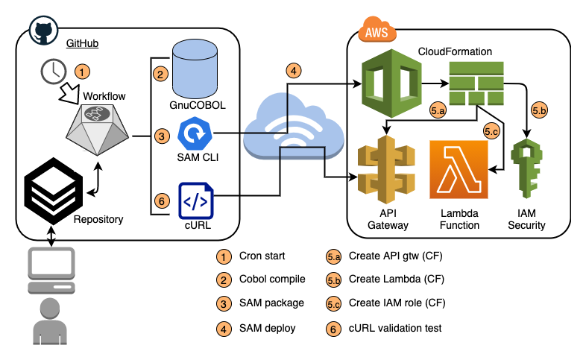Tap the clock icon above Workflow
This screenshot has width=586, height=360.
[x=52, y=72]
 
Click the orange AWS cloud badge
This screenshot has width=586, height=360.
[x=377, y=32]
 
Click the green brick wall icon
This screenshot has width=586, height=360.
[x=476, y=83]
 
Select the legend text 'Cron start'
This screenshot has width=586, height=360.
[x=262, y=256]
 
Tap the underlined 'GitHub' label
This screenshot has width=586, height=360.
[x=83, y=44]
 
